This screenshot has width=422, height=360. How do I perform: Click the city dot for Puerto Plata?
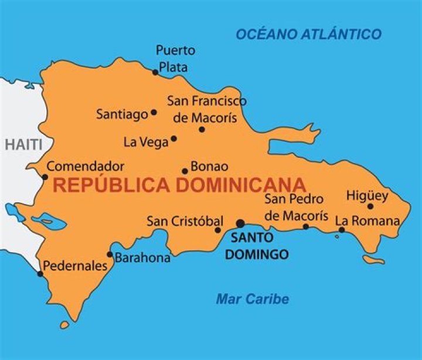pos(155,72)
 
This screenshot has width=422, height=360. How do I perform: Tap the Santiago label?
pos(122,114)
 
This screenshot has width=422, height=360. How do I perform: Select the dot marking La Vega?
pos(173,139)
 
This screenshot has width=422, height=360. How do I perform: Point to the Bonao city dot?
pos(185,171)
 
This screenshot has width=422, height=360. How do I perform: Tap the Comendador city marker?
pos(45,176)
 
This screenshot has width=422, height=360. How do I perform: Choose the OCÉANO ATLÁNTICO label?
pos(308,34)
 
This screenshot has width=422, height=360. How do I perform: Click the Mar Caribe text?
pos(252,299)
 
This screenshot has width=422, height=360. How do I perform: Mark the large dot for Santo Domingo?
pos(240,223)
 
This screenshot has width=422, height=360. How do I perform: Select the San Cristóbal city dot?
pos(218,230)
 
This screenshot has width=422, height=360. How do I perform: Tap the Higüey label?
pos(367,195)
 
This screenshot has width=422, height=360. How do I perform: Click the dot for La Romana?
pos(342,230)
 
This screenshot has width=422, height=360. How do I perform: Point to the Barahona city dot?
pos(110,254)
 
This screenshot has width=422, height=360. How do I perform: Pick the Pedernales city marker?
pos(40,274)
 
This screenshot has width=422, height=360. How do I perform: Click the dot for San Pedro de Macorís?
pos(305,226)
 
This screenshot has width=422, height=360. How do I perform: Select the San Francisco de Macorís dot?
pos(202,129)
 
